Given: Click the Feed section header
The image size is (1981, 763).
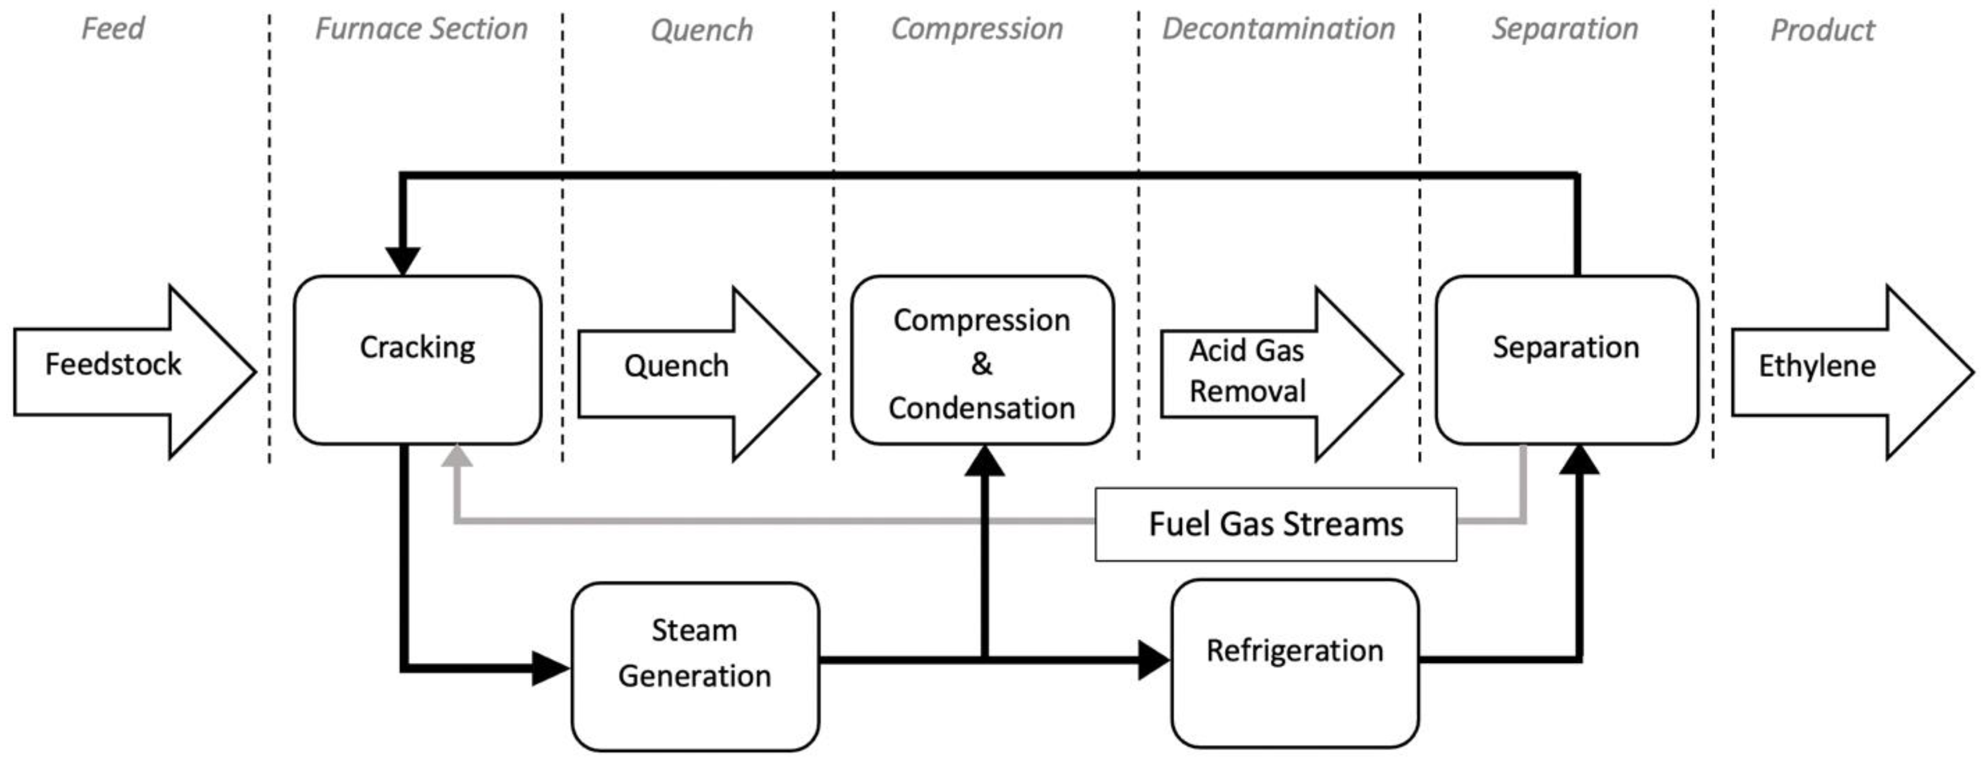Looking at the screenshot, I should point(113,28).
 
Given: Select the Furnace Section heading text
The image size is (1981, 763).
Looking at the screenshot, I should point(421,29).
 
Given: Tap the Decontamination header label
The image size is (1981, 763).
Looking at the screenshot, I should point(1278,29).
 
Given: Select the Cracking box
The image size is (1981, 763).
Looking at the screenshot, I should point(417,360).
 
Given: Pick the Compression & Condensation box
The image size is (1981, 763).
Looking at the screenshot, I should point(982,360).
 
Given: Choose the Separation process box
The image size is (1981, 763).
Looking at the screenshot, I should point(1566,360).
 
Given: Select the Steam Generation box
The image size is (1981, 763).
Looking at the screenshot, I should point(694,666).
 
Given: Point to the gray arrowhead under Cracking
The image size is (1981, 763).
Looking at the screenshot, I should point(457,457).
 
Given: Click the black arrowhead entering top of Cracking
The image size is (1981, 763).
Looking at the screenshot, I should point(402,260).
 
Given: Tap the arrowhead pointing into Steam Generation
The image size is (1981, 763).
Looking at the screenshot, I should point(549,668).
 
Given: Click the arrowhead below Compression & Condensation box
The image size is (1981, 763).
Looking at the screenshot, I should point(985,461).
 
